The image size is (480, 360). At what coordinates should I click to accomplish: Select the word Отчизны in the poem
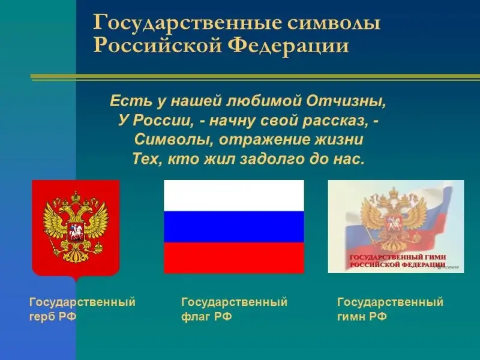pyautogui.click(x=347, y=101)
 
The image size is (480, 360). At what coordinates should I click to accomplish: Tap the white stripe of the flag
pyautogui.click(x=234, y=196)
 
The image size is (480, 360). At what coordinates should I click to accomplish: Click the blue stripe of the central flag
pyautogui.click(x=234, y=227)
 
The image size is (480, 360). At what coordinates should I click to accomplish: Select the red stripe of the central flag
pyautogui.click(x=234, y=258)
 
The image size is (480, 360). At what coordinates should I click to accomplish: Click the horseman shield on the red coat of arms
pyautogui.click(x=76, y=231)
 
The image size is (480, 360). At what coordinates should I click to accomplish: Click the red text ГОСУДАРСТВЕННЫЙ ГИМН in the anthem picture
pyautogui.click(x=398, y=257)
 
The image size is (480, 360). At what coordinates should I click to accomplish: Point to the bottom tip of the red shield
pyautogui.click(x=76, y=281)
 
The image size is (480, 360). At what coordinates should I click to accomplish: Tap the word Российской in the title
pyautogui.click(x=158, y=46)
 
